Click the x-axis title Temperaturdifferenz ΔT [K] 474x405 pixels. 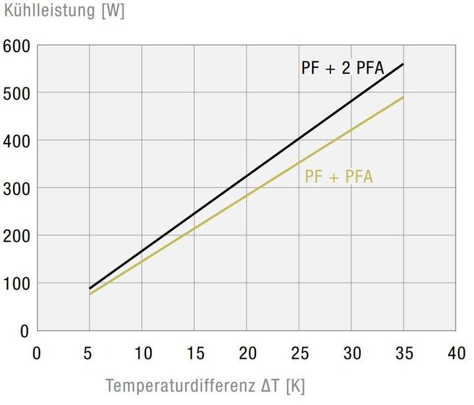[x=205, y=385]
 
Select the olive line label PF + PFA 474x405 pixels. [x=338, y=176]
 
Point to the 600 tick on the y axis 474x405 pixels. [x=16, y=46]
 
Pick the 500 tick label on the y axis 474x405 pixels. [x=16, y=94]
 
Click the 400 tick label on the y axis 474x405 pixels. [x=16, y=141]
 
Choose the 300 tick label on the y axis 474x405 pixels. [x=16, y=188]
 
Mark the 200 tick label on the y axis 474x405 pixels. [x=16, y=236]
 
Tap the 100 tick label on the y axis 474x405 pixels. [x=16, y=283]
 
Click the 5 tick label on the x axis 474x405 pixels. [x=89, y=354]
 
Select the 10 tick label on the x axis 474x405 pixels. [x=142, y=354]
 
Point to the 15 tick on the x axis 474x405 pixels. [x=194, y=354]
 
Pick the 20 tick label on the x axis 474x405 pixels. [x=246, y=354]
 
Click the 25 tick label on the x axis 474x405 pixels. [x=299, y=354]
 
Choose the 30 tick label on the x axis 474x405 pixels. [x=351, y=354]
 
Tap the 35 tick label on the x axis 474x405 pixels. [x=404, y=354]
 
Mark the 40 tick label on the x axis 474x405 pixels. [x=456, y=354]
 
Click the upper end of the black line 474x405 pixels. [x=403, y=65]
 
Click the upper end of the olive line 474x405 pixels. [x=403, y=97]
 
